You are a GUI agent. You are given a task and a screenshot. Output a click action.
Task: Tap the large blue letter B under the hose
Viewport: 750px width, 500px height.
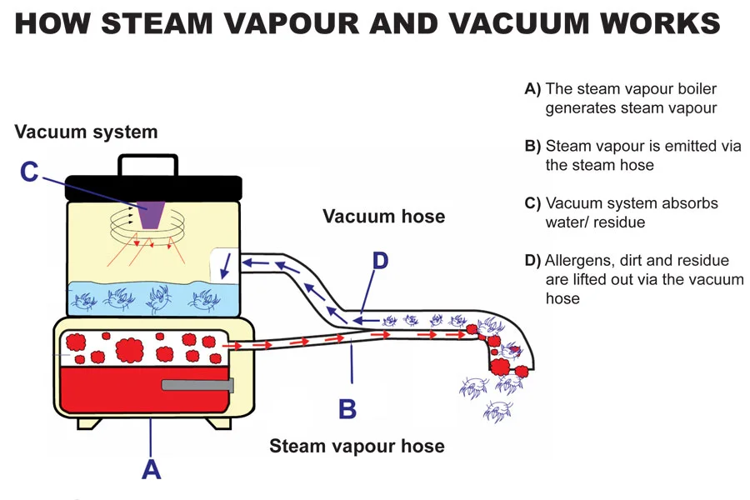347,409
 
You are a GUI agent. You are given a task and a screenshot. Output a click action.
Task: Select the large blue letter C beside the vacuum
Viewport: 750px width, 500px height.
29,172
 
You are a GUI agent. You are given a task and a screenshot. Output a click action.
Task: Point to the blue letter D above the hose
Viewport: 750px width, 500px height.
380,261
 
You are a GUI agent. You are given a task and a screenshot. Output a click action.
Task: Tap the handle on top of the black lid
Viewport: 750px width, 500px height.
147,164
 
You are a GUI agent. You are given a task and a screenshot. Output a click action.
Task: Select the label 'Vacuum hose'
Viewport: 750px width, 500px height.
383,217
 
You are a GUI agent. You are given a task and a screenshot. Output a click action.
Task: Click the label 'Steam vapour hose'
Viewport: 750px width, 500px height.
357,446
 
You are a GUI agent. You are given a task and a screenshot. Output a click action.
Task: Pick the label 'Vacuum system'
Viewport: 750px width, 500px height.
86,132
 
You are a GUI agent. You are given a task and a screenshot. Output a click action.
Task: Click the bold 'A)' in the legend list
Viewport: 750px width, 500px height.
532,89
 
